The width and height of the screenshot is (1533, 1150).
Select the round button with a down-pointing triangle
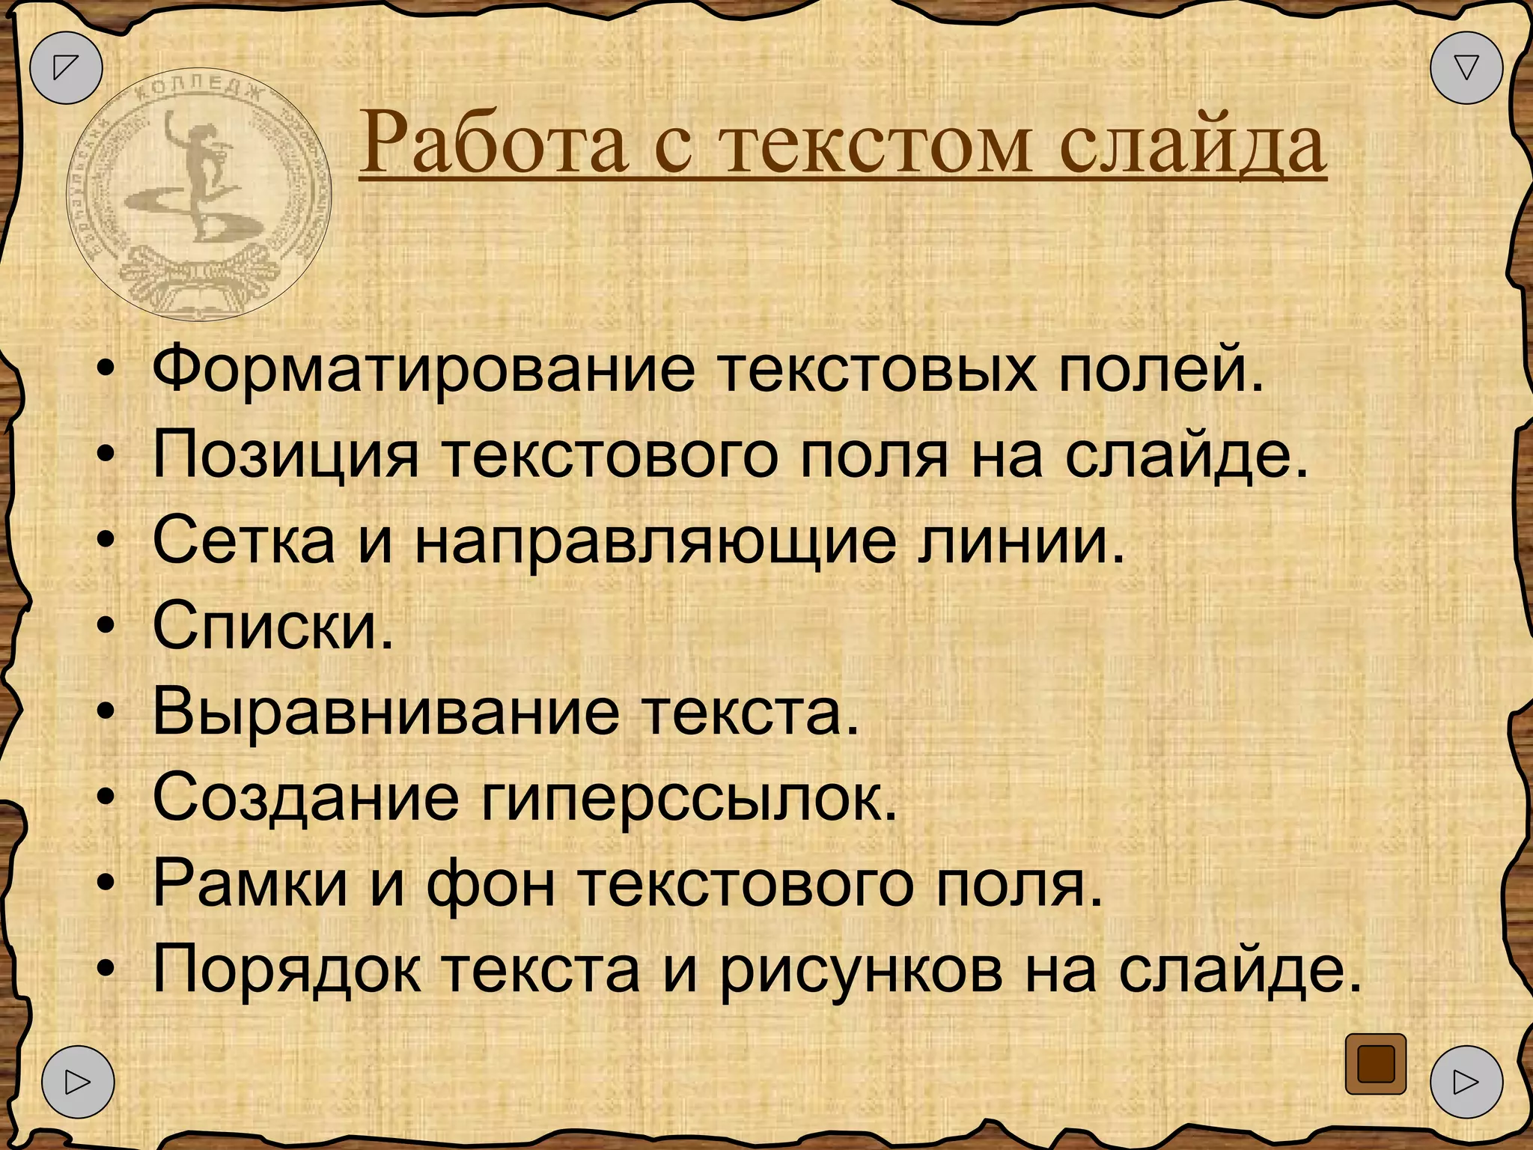tap(1466, 67)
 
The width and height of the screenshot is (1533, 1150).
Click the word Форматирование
tap(424, 369)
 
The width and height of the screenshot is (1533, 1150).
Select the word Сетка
tap(244, 541)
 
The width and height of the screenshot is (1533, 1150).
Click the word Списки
tap(272, 626)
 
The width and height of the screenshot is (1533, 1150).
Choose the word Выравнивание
tap(386, 712)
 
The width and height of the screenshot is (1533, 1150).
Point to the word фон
tap(491, 884)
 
